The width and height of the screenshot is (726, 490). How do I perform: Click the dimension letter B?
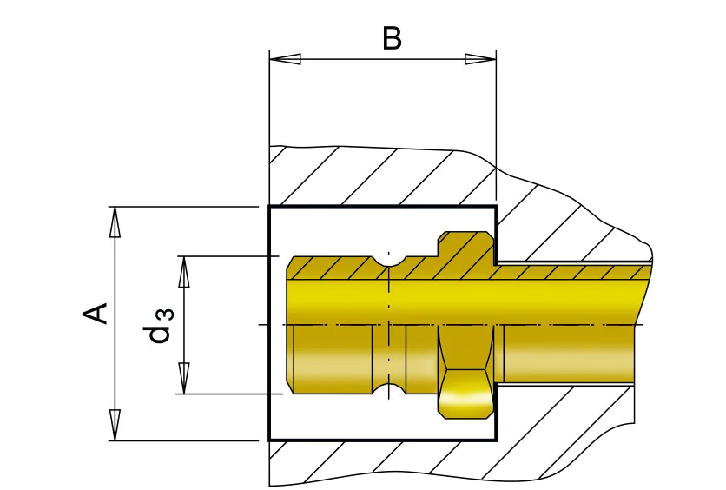392,38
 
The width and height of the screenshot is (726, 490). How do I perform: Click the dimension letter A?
96,314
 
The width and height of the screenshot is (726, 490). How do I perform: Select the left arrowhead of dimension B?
285,59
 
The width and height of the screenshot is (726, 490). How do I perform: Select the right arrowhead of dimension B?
480,59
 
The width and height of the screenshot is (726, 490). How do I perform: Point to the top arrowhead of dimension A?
115,222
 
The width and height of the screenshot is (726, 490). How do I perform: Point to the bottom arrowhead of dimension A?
115,425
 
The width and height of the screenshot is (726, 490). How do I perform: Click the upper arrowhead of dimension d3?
184,272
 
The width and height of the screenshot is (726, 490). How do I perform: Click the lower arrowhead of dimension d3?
184,379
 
